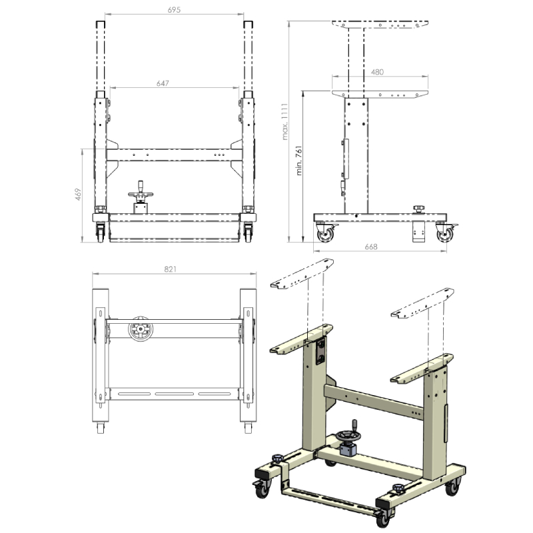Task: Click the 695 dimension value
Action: point(174,10)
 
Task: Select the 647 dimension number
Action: point(163,83)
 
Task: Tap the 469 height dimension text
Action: point(78,194)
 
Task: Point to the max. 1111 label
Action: point(285,122)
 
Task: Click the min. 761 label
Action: point(298,161)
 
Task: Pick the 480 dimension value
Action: point(377,72)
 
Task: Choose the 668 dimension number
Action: point(371,247)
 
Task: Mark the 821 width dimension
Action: point(171,269)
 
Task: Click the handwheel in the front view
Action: point(141,194)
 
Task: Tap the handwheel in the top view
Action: point(141,329)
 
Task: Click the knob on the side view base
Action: point(419,209)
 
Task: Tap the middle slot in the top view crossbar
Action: point(175,394)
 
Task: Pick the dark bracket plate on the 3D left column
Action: point(320,351)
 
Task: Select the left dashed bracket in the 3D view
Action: point(302,274)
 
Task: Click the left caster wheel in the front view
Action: point(101,233)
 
